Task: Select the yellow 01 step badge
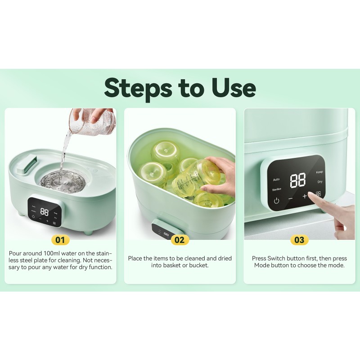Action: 60,240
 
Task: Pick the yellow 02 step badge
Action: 179,240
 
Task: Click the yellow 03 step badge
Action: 299,240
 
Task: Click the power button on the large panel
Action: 276,201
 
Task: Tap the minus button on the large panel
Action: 291,198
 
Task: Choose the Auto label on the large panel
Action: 276,179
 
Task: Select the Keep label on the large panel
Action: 319,172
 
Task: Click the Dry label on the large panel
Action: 320,182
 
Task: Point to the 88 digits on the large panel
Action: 297,180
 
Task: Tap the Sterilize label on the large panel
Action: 276,189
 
